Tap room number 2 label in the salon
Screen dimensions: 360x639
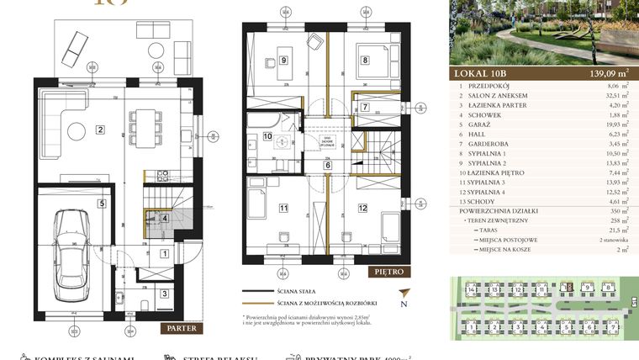pyautogui.click(x=100, y=130)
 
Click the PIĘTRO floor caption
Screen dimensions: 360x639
pyautogui.click(x=390, y=272)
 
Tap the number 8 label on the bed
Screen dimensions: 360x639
pyautogui.click(x=366, y=60)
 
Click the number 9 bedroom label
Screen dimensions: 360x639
pyautogui.click(x=284, y=60)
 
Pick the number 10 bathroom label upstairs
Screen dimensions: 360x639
pyautogui.click(x=267, y=135)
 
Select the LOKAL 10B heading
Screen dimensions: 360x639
pyautogui.click(x=483, y=72)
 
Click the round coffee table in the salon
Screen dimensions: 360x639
pyautogui.click(x=77, y=130)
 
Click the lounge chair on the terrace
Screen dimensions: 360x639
pyautogui.click(x=73, y=42)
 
